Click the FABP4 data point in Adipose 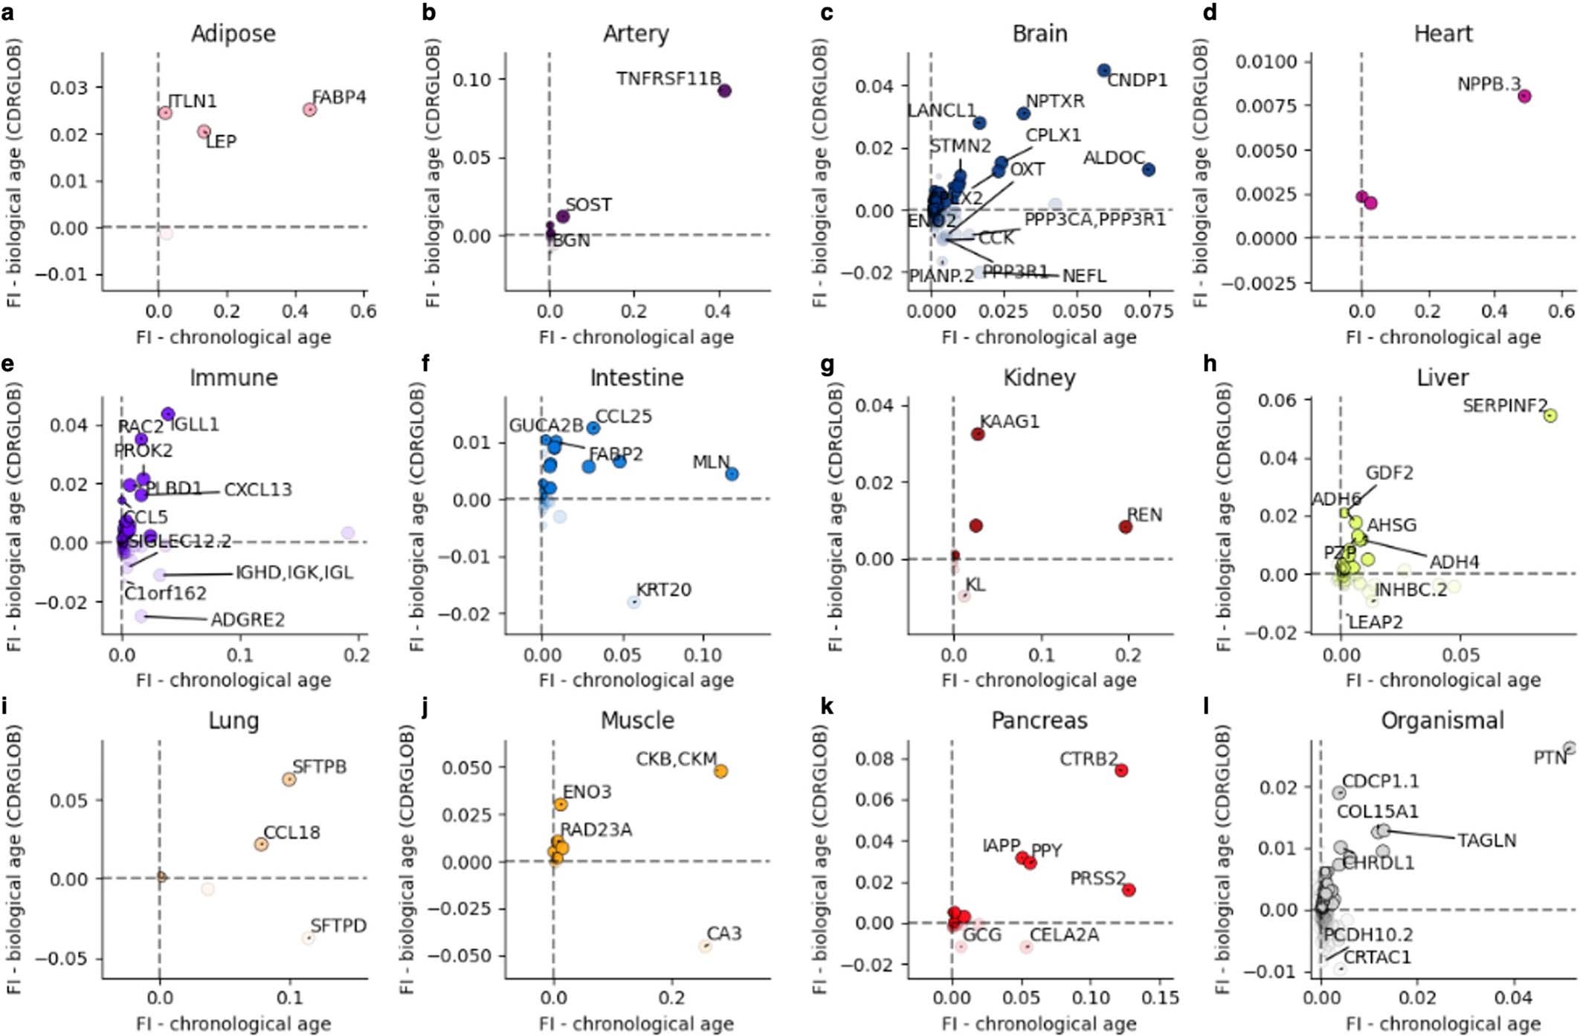(x=310, y=110)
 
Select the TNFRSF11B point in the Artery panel (x=724, y=91)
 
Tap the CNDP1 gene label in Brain (x=1137, y=80)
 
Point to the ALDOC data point (x=1149, y=170)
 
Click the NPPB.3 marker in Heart (x=1524, y=96)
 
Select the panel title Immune (x=233, y=378)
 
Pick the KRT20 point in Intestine (x=633, y=602)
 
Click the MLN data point (x=732, y=474)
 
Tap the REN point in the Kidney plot (x=1126, y=527)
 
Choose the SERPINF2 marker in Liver (x=1550, y=415)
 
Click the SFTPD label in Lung (x=338, y=926)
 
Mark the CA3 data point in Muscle (x=706, y=946)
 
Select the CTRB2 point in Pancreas (x=1121, y=771)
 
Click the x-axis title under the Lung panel (x=233, y=1024)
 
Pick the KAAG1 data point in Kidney (x=978, y=434)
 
